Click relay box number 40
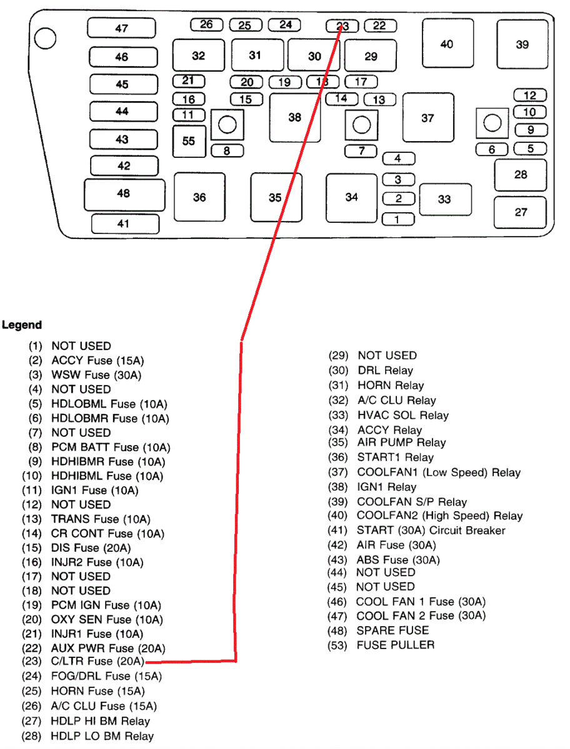coord(446,44)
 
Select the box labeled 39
coord(522,44)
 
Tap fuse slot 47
coord(121,28)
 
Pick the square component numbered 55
coord(189,141)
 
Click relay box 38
coord(294,117)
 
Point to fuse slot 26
coord(206,24)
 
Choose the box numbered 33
coord(444,199)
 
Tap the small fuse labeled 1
coord(398,219)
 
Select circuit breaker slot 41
coord(123,223)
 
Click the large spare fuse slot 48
coord(124,193)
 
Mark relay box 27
coord(521,212)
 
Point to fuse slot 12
coord(529,95)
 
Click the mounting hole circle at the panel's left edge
coord(45,39)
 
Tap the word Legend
coord(22,325)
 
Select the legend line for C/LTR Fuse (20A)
coord(87,662)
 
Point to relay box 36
coord(199,197)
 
